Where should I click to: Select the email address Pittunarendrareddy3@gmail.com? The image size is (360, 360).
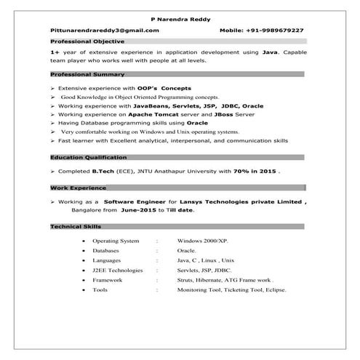(104, 31)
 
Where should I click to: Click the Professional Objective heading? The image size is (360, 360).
(82, 43)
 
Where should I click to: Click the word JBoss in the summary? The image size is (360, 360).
(228, 115)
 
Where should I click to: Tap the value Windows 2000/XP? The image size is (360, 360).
(203, 240)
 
